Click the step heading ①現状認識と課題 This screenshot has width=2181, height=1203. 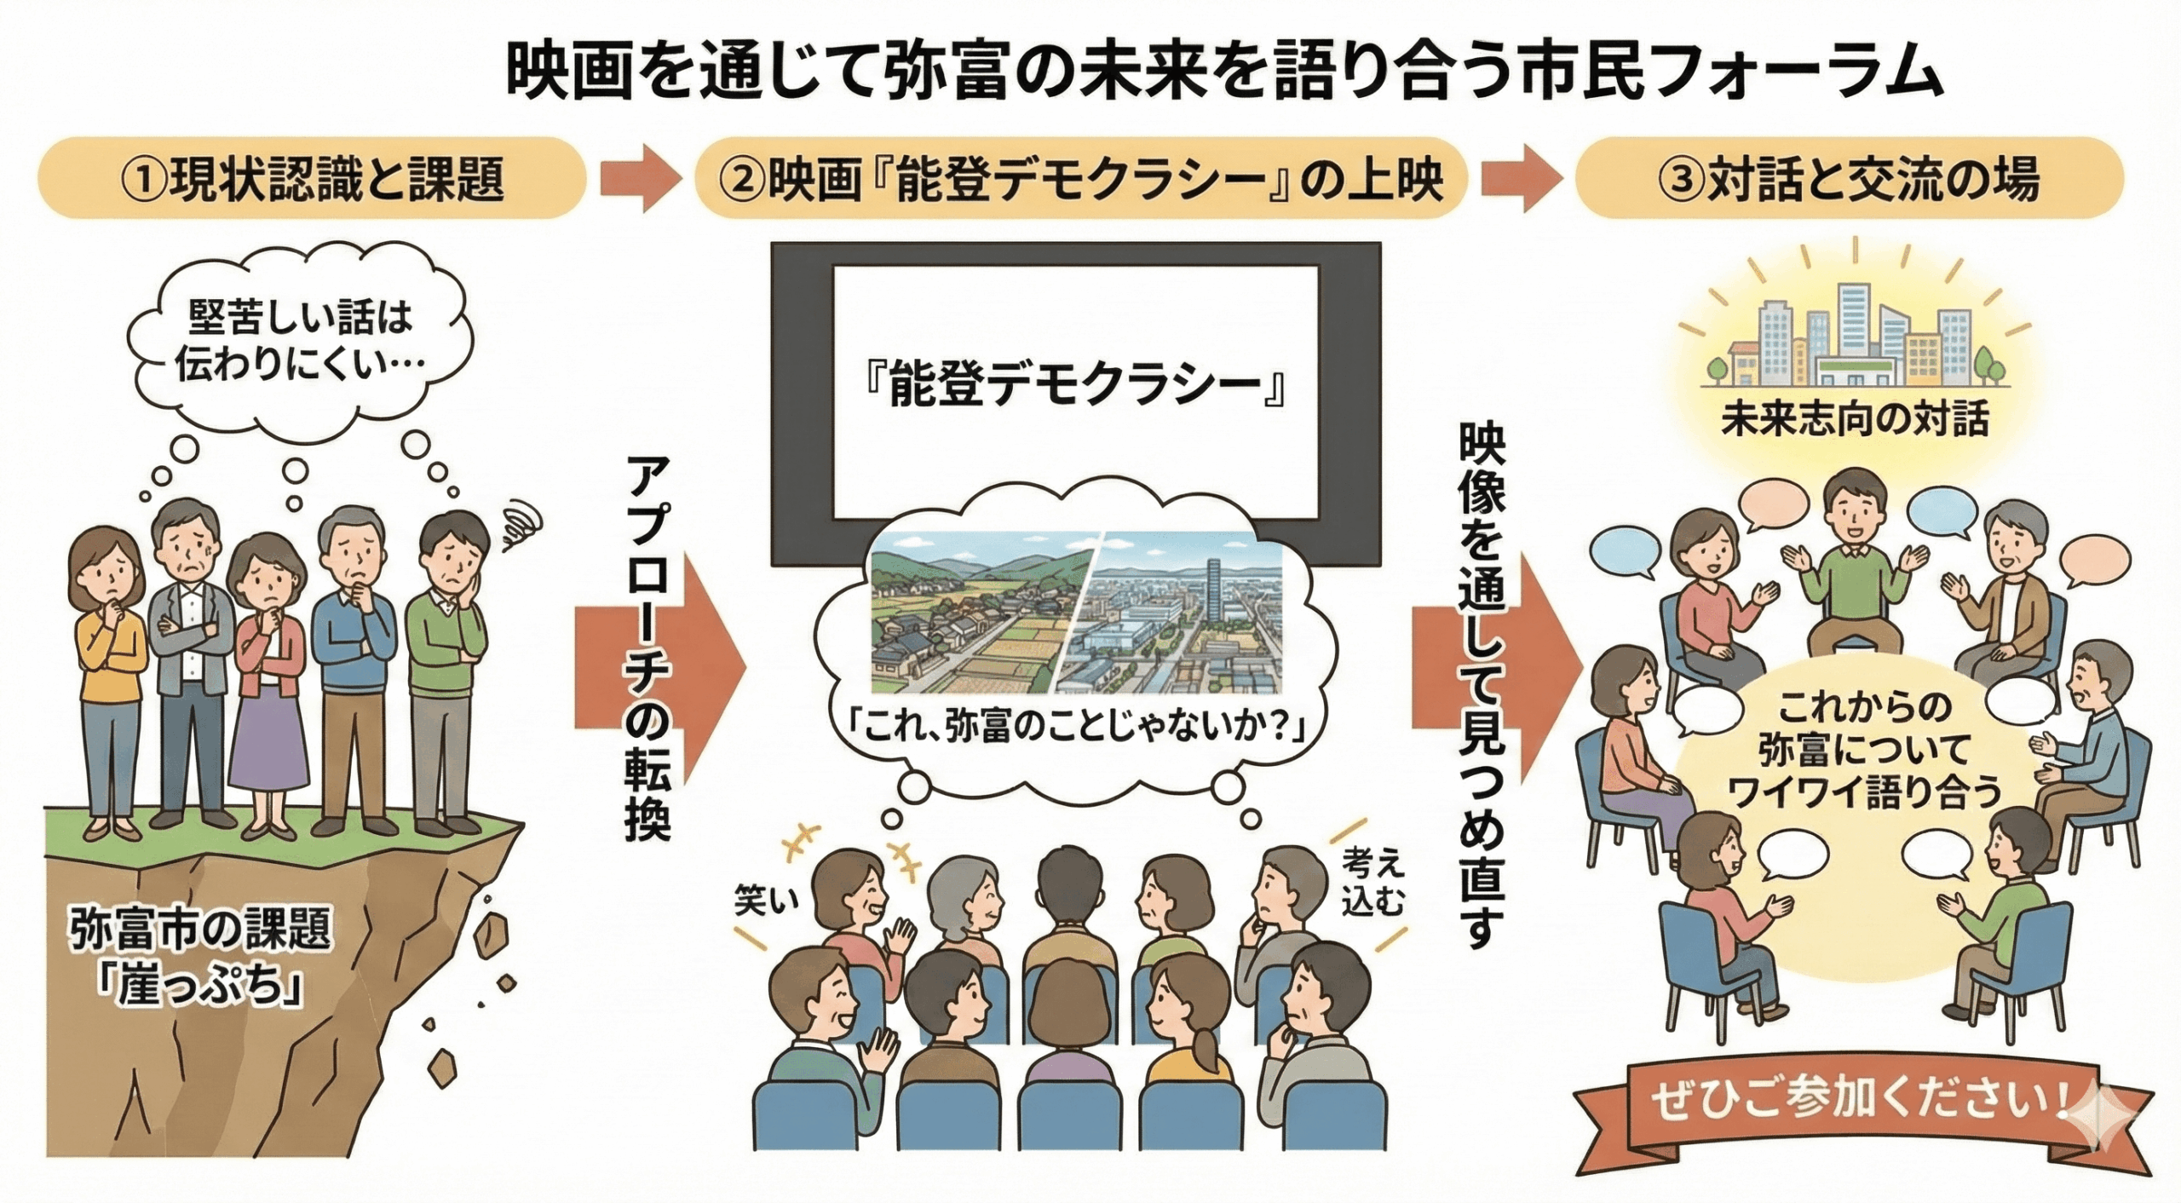[x=312, y=178]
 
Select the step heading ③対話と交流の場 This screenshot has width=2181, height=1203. [x=1849, y=178]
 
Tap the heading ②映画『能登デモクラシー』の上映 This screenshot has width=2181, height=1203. [x=1079, y=178]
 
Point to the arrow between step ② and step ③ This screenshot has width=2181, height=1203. [x=1522, y=178]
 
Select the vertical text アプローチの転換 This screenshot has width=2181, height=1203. [x=648, y=648]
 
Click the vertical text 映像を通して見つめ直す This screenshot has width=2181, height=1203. [x=1482, y=682]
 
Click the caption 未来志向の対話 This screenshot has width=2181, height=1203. [x=1855, y=419]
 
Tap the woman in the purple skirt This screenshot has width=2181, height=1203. [x=269, y=682]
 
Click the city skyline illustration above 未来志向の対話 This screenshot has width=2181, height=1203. [x=1855, y=341]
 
